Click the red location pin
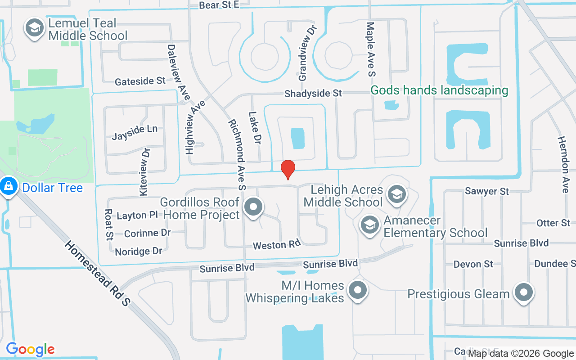pyautogui.click(x=288, y=169)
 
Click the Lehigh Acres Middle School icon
pyautogui.click(x=396, y=194)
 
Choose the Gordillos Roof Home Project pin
pyautogui.click(x=253, y=207)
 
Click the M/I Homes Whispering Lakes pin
pyautogui.click(x=358, y=290)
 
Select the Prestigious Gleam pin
pyautogui.click(x=523, y=293)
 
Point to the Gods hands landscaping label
pyautogui.click(x=439, y=90)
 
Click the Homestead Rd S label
pyautogui.click(x=97, y=274)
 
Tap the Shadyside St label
pyautogui.click(x=313, y=93)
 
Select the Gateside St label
pyautogui.click(x=140, y=81)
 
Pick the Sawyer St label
pyautogui.click(x=487, y=191)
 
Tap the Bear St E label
pyautogui.click(x=219, y=5)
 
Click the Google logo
pyautogui.click(x=30, y=349)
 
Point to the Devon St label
pyautogui.click(x=473, y=264)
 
